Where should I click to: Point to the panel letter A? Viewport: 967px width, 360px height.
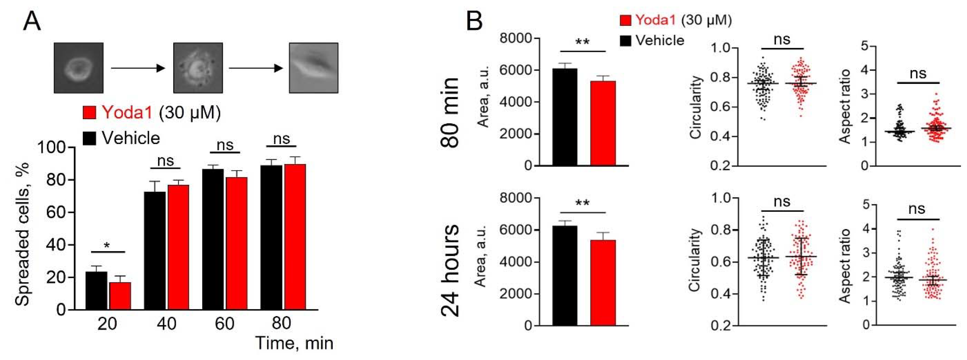click(x=32, y=22)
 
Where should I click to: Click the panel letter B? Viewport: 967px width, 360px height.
click(x=474, y=22)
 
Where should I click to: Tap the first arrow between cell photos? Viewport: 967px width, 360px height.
click(x=138, y=68)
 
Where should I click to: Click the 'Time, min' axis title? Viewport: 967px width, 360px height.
click(x=294, y=343)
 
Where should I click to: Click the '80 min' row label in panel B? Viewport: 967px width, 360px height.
click(x=449, y=112)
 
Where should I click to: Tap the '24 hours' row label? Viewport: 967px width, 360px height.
click(x=449, y=270)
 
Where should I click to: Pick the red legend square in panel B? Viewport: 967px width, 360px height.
click(x=625, y=20)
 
